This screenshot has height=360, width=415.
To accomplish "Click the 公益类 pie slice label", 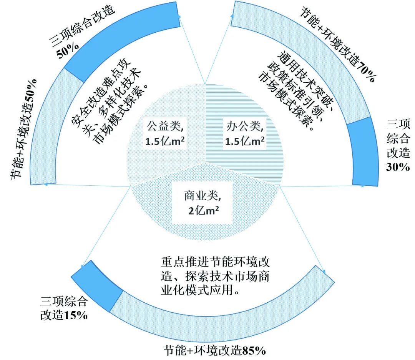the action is (164, 133).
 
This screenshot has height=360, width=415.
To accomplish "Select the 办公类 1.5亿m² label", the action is (244, 133).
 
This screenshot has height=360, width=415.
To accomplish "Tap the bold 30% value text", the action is (398, 167).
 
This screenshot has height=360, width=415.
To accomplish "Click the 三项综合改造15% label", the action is (64, 308).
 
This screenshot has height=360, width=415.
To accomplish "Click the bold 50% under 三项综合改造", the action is (68, 50).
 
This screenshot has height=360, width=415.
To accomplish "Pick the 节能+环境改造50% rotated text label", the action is (24, 129).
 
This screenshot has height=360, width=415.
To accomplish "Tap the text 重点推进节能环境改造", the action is (215, 262).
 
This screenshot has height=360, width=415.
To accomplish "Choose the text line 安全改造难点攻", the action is (101, 92).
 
